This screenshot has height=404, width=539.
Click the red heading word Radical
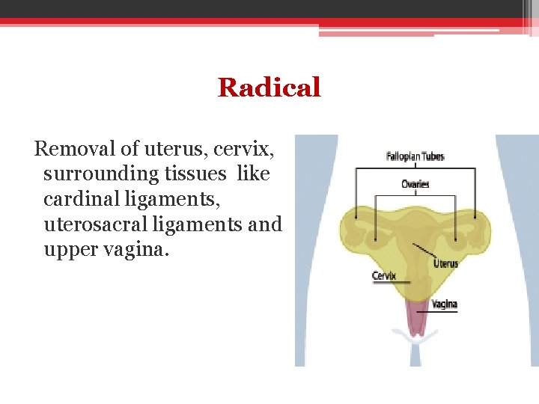[x=269, y=88]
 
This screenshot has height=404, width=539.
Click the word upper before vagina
[x=71, y=248]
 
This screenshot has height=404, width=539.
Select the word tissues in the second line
[x=198, y=174]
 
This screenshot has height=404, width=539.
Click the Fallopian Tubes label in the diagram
[x=415, y=157]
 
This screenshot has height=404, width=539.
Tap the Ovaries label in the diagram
[x=415, y=184]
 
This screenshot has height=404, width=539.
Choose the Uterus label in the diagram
[x=445, y=263]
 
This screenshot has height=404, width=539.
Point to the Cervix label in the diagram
[x=384, y=275]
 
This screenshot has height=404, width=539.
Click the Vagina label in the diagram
[x=444, y=304]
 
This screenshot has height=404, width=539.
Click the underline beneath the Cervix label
[x=391, y=283]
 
